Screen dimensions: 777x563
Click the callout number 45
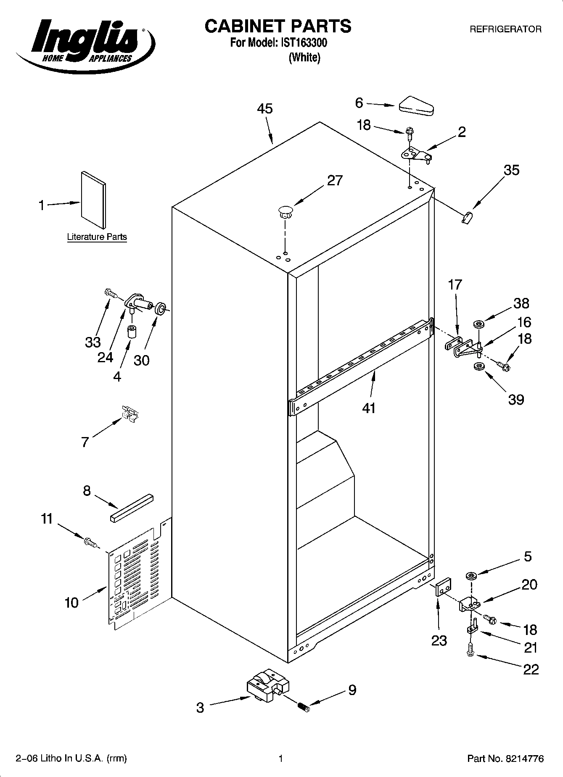[265, 109]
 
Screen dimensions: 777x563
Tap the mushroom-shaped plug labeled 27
[285, 211]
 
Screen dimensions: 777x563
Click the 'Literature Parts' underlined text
[97, 237]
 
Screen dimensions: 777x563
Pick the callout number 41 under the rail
[369, 408]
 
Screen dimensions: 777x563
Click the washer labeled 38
[478, 324]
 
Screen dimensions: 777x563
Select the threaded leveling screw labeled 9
[303, 708]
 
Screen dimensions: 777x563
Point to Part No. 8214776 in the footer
[505, 759]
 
